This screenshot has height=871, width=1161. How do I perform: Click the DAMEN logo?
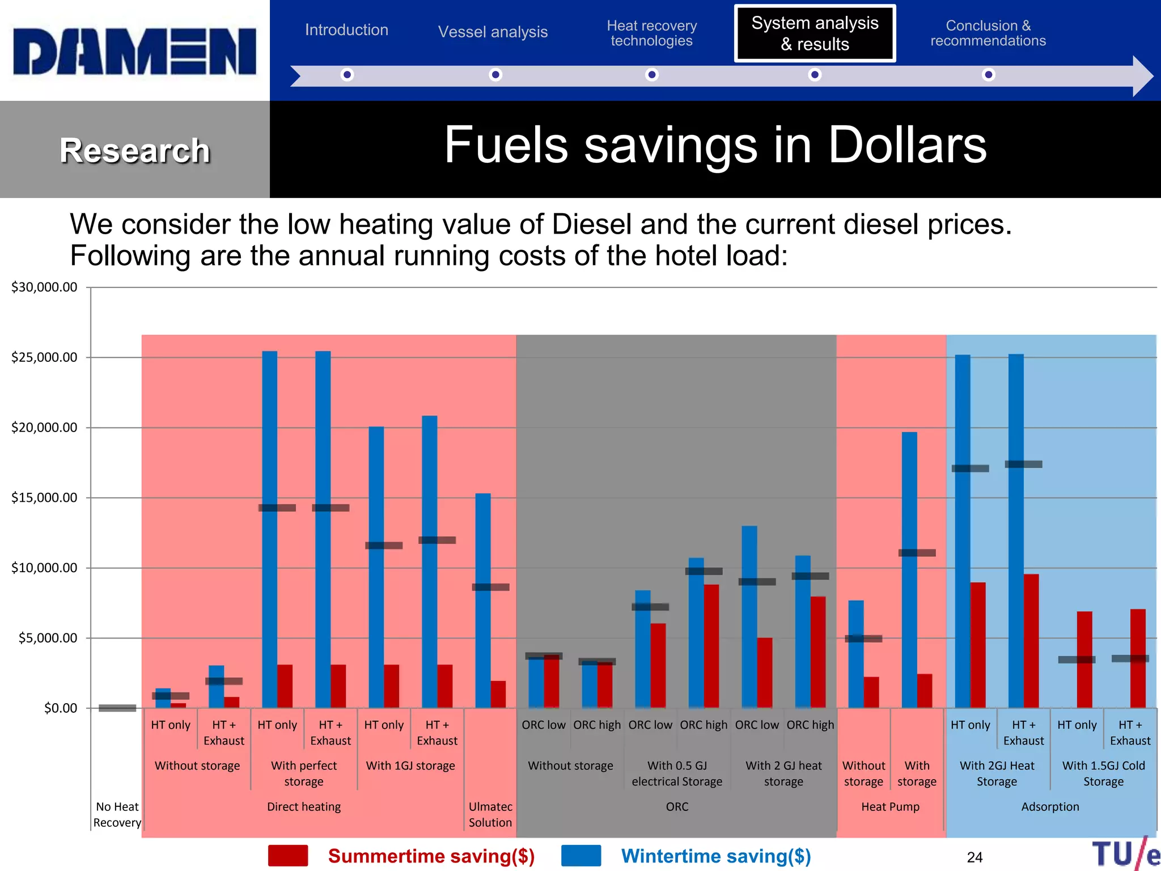(135, 52)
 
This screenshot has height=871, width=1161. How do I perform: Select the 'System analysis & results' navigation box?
(815, 33)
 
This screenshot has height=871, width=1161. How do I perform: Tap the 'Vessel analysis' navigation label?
(493, 32)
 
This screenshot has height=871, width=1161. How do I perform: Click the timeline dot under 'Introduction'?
(347, 75)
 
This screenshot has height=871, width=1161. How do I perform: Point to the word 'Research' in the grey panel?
(135, 151)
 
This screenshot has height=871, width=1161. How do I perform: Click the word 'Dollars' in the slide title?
(907, 146)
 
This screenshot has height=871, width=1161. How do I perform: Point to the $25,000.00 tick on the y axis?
(44, 357)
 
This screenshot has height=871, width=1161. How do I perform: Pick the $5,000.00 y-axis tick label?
(48, 638)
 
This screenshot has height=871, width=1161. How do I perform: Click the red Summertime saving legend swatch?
(288, 856)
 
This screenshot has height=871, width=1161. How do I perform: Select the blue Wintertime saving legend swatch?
(581, 856)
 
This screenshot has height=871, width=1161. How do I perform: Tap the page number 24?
(974, 857)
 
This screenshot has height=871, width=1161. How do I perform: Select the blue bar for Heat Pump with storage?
(909, 569)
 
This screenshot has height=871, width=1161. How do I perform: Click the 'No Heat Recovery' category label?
(117, 814)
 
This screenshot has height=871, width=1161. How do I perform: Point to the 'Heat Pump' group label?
(890, 806)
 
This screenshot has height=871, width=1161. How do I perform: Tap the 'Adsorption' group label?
(1050, 806)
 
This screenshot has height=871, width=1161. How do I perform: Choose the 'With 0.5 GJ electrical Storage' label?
(677, 773)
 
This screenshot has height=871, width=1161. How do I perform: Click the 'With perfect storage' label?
(304, 773)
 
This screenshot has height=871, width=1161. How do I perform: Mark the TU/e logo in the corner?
(1125, 854)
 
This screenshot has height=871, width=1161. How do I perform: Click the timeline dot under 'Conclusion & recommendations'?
(989, 75)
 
